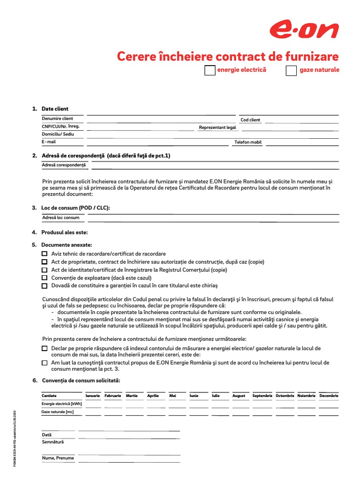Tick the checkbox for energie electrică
pyautogui.click(x=210, y=71)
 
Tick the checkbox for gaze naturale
pyautogui.click(x=291, y=71)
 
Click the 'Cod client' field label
pyautogui.click(x=250, y=120)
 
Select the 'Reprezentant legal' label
pyautogui.click(x=217, y=127)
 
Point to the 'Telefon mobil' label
pyautogui.click(x=248, y=142)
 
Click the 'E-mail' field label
pyautogui.click(x=49, y=142)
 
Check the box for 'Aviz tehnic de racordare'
pyautogui.click(x=45, y=254)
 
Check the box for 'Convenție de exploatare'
pyautogui.click(x=45, y=278)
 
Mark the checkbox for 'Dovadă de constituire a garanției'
pyautogui.click(x=45, y=286)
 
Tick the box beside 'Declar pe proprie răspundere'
pyautogui.click(x=45, y=349)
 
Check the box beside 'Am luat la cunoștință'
pyautogui.click(x=45, y=363)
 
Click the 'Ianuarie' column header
pyautogui.click(x=93, y=396)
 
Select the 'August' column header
pyautogui.click(x=239, y=396)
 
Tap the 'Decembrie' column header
pyautogui.click(x=329, y=396)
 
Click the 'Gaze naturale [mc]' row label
pyautogui.click(x=58, y=412)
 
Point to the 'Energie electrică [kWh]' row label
pyautogui.click(x=61, y=404)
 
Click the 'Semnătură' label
pyautogui.click(x=52, y=442)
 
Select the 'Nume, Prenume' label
pyautogui.click(x=58, y=458)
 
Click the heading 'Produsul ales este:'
pyautogui.click(x=64, y=232)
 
